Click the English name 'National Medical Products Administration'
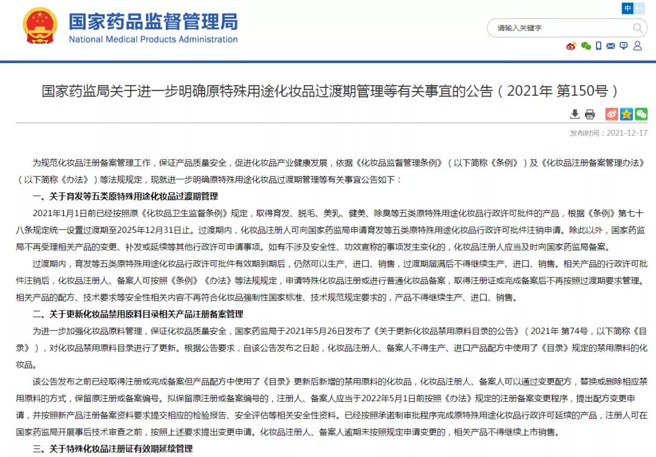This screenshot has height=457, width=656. [153, 39]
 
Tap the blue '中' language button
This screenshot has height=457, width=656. [627, 8]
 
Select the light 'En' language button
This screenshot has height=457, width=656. [640, 8]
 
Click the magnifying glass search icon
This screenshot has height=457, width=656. [638, 28]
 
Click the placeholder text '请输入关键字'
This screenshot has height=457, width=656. [519, 28]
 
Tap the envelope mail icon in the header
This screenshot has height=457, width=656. [610, 46]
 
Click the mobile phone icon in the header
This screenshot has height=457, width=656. [598, 46]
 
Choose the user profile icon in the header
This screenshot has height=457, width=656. [637, 46]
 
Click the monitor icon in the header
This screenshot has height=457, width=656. [624, 46]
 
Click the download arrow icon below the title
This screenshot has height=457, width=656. [575, 114]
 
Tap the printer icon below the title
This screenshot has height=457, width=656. [590, 114]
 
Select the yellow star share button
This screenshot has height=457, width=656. [626, 114]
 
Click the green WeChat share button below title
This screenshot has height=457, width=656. [641, 114]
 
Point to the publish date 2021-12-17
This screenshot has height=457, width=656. [627, 133]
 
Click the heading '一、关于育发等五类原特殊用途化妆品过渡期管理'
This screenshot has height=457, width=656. [125, 197]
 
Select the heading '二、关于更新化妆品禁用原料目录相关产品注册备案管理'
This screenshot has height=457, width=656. [138, 314]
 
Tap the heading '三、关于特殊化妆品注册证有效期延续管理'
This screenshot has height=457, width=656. [112, 449]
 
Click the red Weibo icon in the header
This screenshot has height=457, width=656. [571, 46]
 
